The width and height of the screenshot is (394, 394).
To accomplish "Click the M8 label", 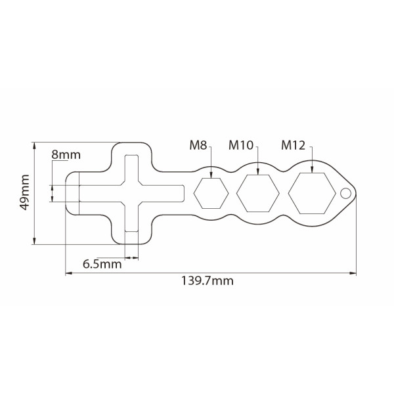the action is pyautogui.click(x=198, y=145).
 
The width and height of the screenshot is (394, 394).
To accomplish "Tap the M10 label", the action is pyautogui.click(x=241, y=145).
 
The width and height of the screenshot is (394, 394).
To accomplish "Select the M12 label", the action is pyautogui.click(x=294, y=145).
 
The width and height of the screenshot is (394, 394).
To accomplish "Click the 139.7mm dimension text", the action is pyautogui.click(x=208, y=280).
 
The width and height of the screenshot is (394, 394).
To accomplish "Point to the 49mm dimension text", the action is pyautogui.click(x=25, y=192).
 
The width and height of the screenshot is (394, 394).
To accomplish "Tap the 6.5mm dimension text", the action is pyautogui.click(x=102, y=265).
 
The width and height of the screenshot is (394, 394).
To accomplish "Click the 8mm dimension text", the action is pyautogui.click(x=66, y=155).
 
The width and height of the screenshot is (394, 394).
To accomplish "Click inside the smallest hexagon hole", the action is pyautogui.click(x=211, y=193).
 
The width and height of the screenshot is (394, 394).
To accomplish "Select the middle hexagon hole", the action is pyautogui.click(x=258, y=193).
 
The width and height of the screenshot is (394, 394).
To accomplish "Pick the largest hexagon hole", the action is pyautogui.click(x=312, y=193).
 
